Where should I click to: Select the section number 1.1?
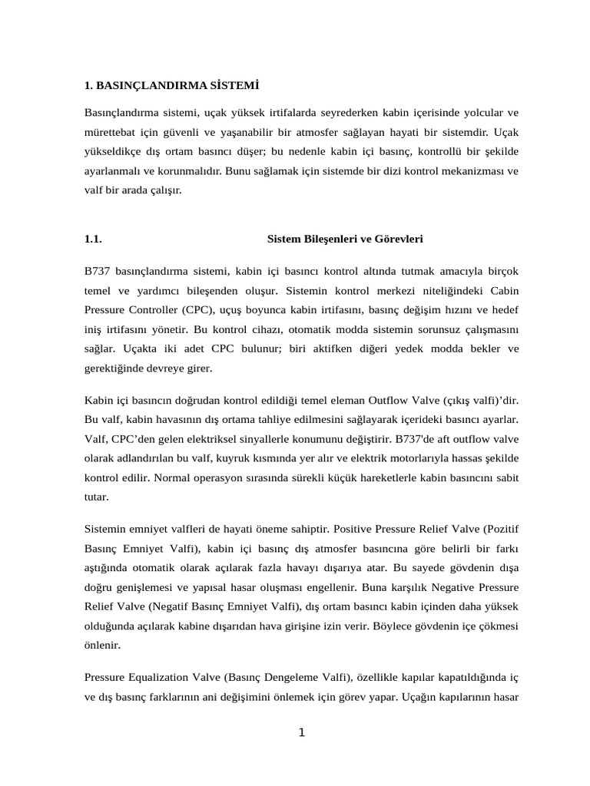[x=93, y=239]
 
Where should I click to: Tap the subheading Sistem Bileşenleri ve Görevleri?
[x=345, y=239]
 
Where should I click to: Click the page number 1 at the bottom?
[x=302, y=732]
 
